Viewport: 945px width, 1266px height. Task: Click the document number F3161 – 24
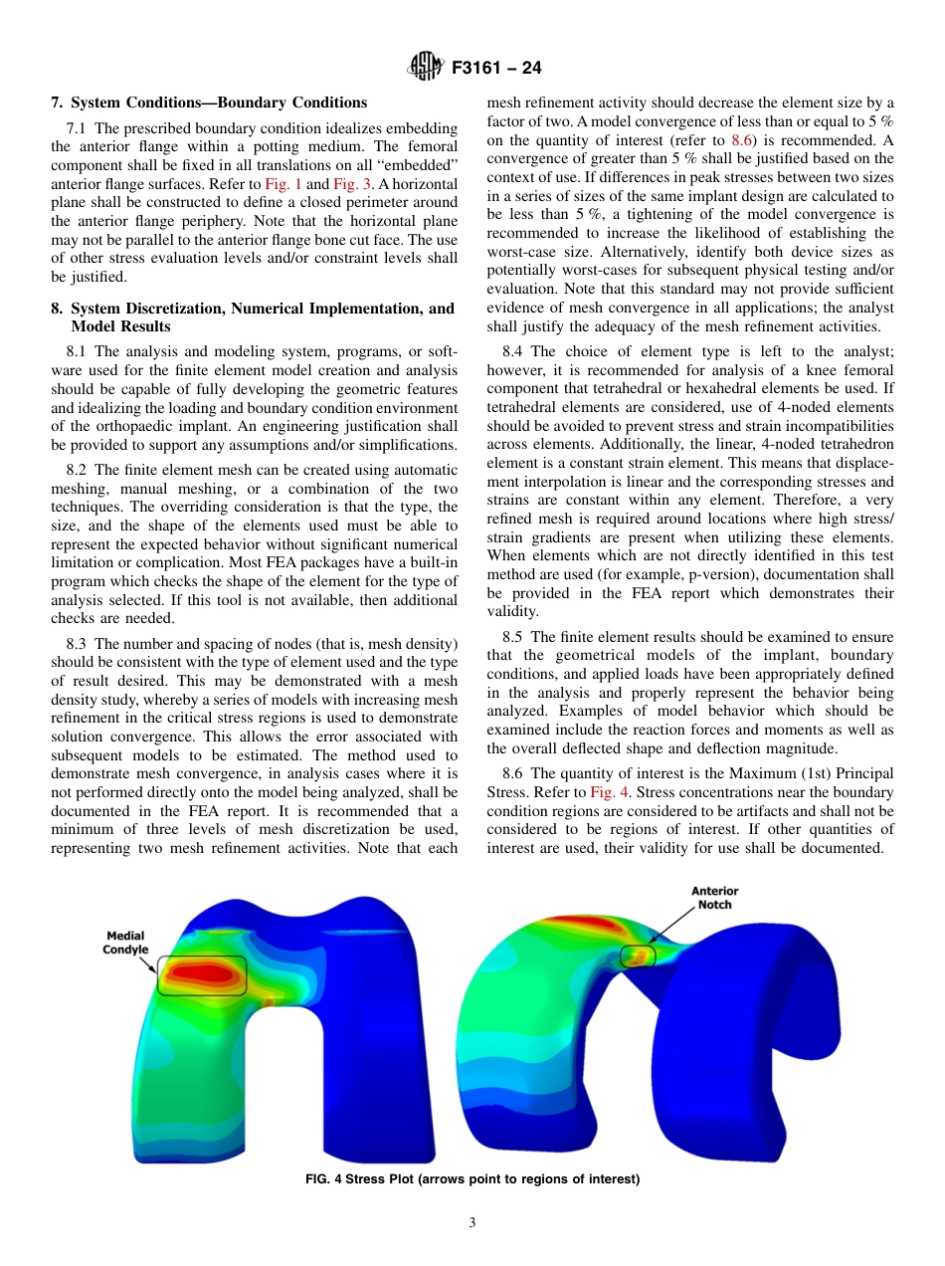point(496,69)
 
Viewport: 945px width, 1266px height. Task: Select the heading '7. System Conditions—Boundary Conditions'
point(209,103)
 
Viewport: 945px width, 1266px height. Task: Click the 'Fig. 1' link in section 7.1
point(283,184)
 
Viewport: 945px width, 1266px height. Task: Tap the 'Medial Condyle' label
point(125,943)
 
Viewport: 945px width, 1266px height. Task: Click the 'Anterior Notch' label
point(714,898)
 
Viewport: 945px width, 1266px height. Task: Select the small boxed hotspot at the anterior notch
point(638,956)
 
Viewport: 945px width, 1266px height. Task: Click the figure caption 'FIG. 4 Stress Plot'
point(472,1179)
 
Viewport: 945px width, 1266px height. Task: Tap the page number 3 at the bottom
point(472,1223)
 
